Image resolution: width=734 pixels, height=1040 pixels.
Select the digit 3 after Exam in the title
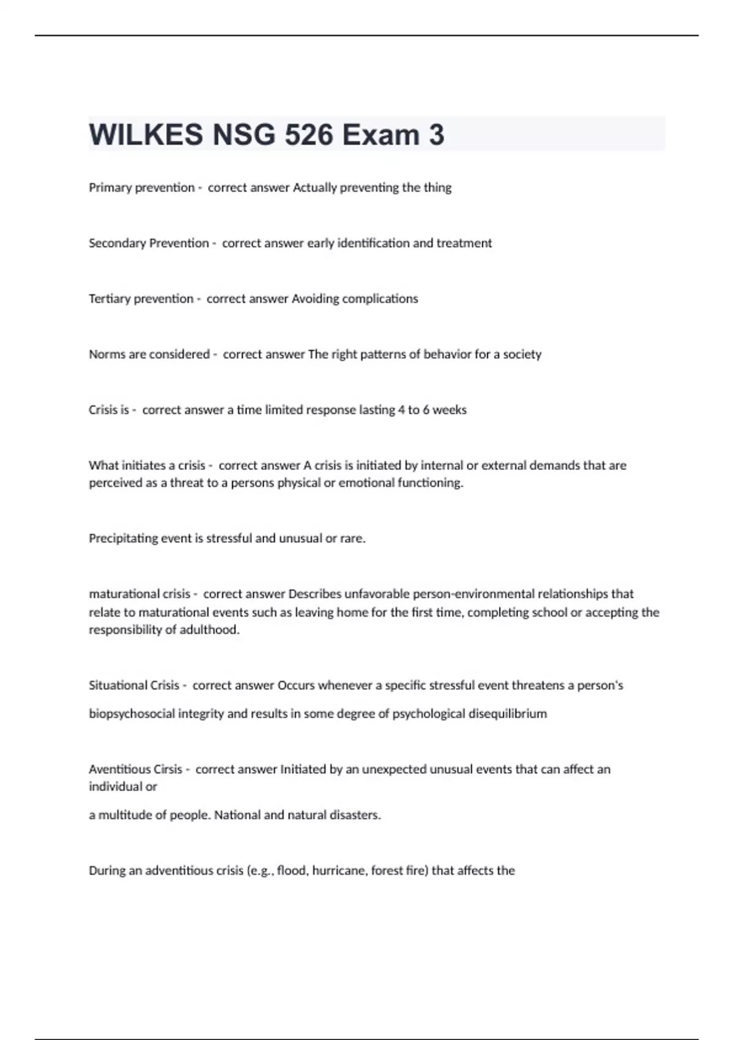(x=437, y=135)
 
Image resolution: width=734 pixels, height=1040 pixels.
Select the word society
(x=522, y=354)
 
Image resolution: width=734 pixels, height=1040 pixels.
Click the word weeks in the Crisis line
(x=450, y=410)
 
